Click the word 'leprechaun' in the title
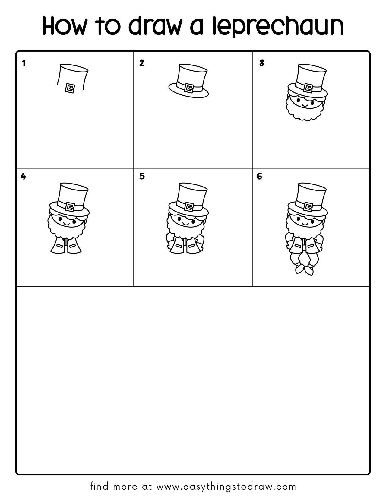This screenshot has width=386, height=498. coord(277,27)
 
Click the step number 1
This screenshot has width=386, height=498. coord(24,63)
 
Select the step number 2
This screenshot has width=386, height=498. coord(141,63)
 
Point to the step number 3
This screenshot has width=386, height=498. coord(261,63)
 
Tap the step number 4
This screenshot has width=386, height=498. coord(24,176)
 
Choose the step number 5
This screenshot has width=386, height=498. coord(142,176)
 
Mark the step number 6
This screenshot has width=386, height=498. coord(259,176)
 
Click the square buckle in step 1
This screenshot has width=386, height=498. coord(70,88)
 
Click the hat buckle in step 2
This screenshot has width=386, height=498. coord(189,88)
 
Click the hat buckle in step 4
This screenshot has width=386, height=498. coord(70,207)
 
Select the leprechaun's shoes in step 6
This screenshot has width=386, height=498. coord(305,269)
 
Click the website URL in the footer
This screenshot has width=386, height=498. coord(226,487)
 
